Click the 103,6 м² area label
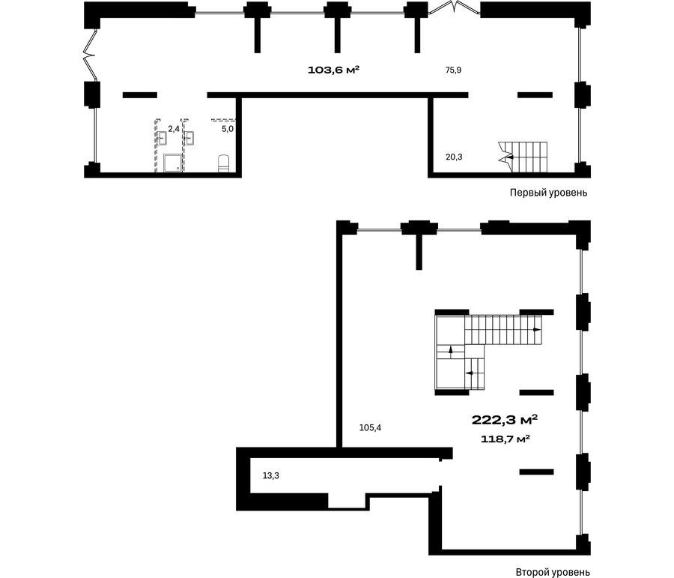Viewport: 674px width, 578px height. click(333, 70)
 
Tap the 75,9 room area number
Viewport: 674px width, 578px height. click(454, 70)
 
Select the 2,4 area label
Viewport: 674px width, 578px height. click(174, 128)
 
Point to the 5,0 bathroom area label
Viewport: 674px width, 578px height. click(228, 128)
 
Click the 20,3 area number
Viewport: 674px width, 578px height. click(454, 157)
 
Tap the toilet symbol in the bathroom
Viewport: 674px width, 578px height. click(224, 163)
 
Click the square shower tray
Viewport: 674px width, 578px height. click(173, 163)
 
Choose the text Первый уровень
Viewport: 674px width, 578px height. click(548, 193)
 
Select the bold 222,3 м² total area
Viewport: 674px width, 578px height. click(505, 420)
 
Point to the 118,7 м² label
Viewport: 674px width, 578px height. click(505, 439)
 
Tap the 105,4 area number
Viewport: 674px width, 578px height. click(370, 428)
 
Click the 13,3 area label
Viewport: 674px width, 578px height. click(271, 475)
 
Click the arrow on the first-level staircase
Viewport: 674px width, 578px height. click(509, 157)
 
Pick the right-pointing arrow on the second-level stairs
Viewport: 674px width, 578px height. click(537, 330)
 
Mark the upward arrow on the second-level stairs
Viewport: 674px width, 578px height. click(451, 351)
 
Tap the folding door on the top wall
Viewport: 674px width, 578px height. click(454, 8)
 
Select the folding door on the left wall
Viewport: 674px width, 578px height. click(91, 55)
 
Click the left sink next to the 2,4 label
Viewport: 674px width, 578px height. click(162, 138)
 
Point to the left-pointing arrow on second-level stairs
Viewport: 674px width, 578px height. click(470, 373)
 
